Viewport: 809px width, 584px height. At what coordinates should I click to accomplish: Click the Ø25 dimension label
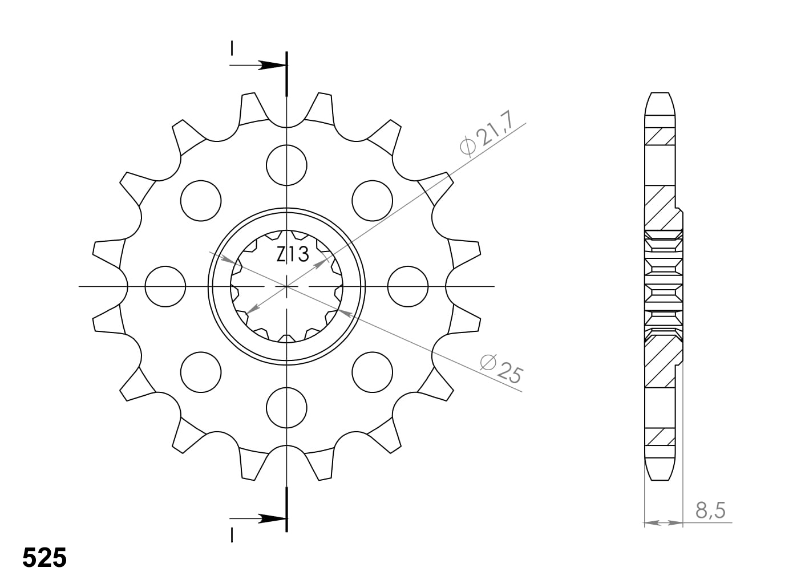click(501, 368)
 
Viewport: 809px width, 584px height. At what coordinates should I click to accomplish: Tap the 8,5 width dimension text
click(710, 509)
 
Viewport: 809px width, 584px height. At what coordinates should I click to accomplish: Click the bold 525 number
click(45, 558)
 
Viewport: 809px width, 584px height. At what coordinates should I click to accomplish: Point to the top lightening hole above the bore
click(286, 165)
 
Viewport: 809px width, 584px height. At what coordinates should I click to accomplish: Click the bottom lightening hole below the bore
click(286, 407)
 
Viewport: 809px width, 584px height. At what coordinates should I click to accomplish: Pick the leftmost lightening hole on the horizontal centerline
click(165, 286)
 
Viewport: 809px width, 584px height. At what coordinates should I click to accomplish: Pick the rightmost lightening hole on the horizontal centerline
click(407, 286)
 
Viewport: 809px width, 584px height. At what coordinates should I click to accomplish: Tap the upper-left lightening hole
click(201, 200)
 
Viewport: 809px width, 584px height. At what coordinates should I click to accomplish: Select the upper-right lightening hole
click(372, 200)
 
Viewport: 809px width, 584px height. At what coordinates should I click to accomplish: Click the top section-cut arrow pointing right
click(268, 65)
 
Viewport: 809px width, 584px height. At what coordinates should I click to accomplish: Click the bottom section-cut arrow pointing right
click(268, 518)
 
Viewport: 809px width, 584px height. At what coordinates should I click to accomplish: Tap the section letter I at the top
click(232, 48)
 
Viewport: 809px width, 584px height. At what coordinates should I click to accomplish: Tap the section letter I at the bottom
click(232, 534)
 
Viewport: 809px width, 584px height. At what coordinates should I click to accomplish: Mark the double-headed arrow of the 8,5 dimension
click(663, 522)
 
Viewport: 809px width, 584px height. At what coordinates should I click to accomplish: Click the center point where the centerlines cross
click(286, 286)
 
